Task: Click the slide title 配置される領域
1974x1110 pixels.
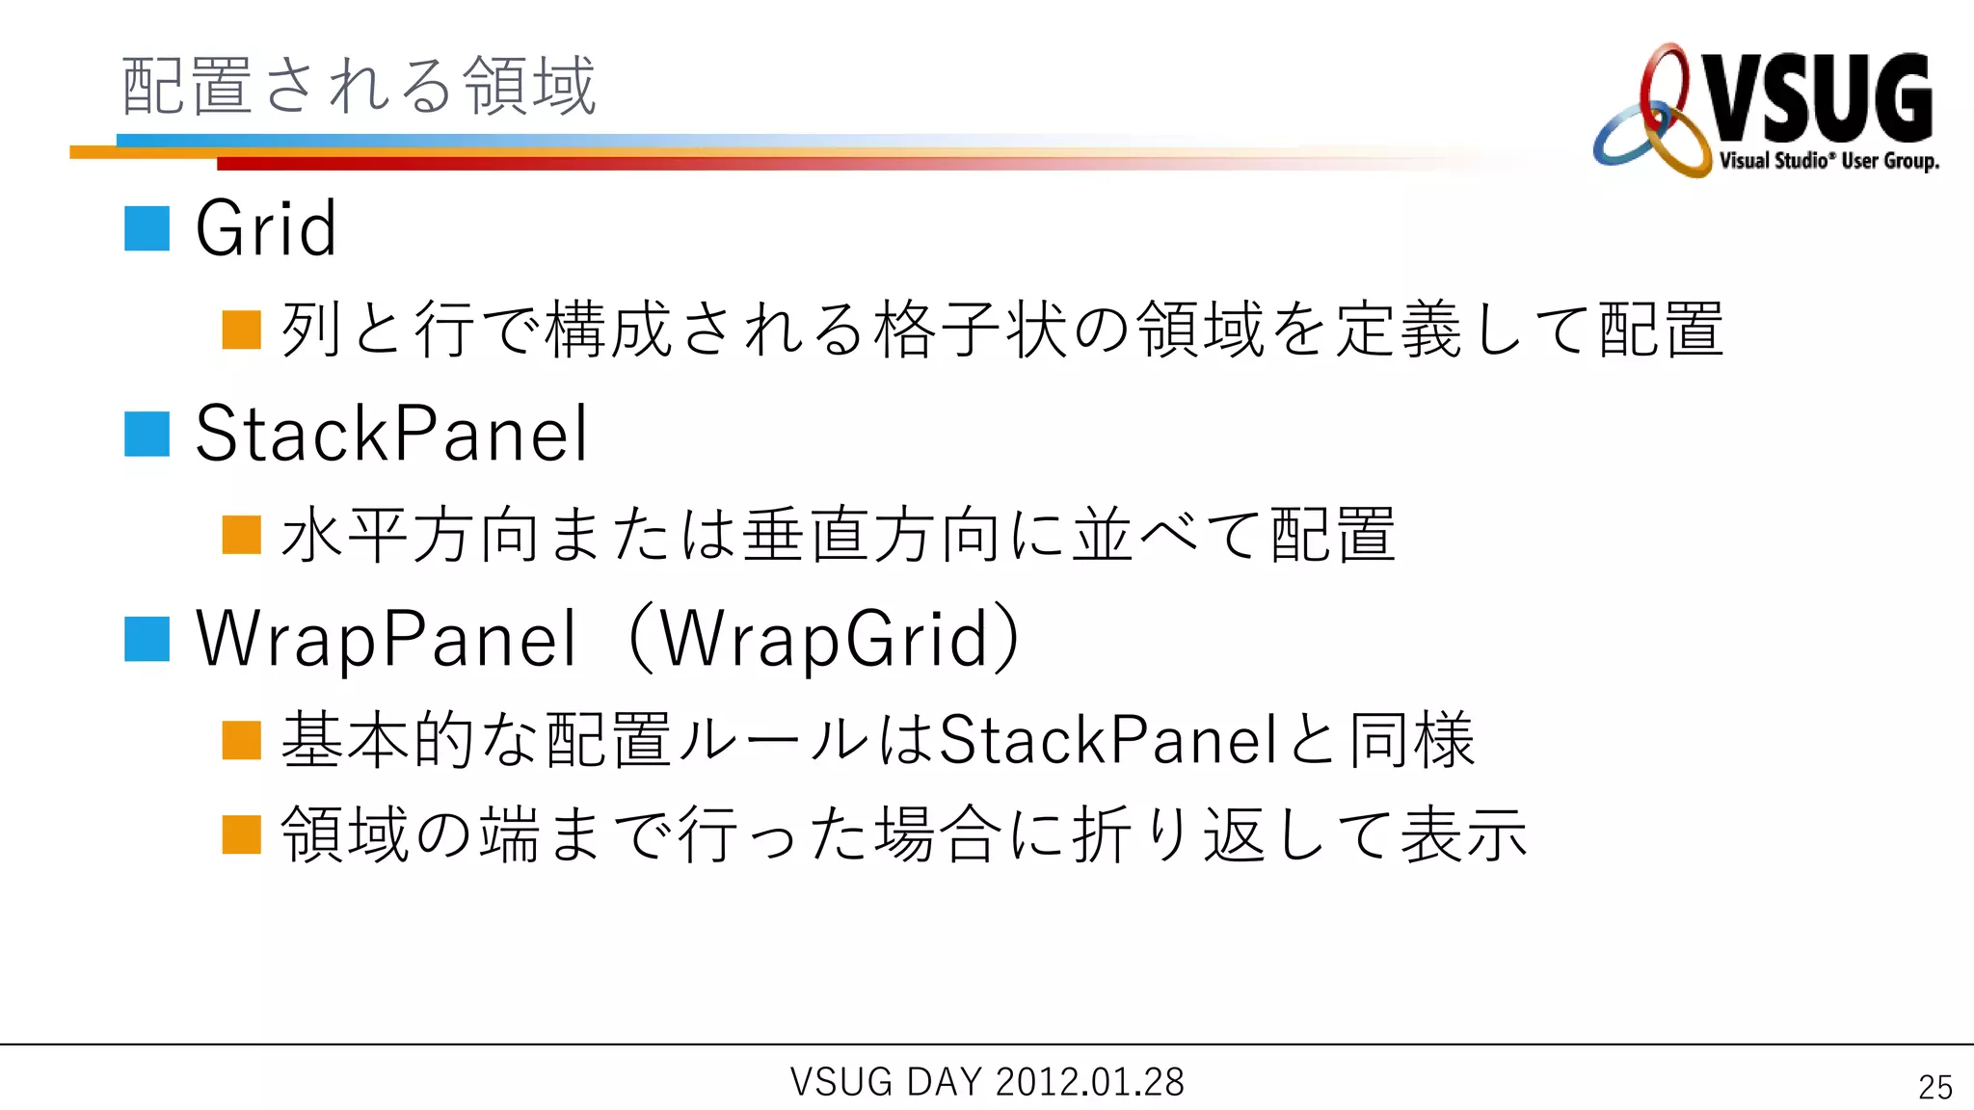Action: pos(359,86)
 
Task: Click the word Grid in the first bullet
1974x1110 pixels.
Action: pos(266,228)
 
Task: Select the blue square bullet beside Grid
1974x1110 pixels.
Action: pos(147,228)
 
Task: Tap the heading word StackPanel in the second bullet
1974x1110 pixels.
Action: pos(391,434)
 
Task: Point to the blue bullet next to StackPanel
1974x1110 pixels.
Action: pos(147,434)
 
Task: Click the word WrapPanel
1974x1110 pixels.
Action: pos(386,639)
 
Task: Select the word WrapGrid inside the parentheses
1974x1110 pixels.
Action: pos(825,639)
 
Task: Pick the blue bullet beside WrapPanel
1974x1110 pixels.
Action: pos(147,639)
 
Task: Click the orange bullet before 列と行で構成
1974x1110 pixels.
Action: pos(242,330)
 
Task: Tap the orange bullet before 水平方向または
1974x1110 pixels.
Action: pos(242,535)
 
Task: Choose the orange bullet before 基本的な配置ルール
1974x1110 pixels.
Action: pos(242,740)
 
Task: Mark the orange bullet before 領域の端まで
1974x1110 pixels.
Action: pos(242,834)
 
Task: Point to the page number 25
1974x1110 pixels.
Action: pos(1935,1087)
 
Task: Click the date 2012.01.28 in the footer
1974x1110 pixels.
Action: pos(1089,1082)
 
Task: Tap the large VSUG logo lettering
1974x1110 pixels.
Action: pos(1820,98)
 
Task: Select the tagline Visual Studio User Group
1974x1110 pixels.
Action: pos(1828,160)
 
